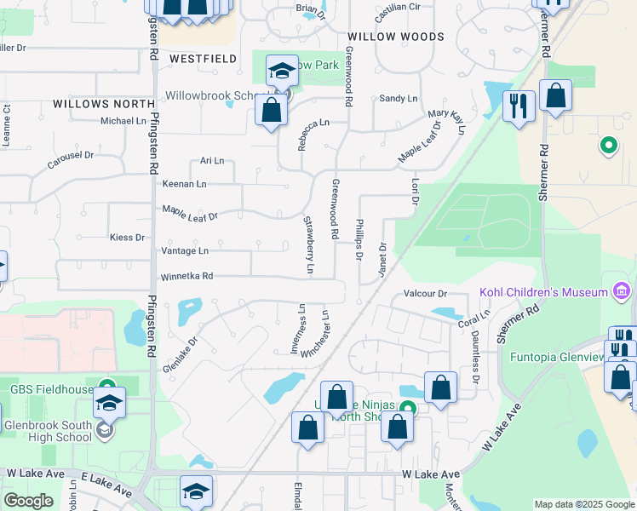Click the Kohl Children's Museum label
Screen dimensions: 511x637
click(x=543, y=292)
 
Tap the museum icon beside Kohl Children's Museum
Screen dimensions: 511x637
click(x=622, y=292)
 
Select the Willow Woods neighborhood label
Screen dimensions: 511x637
click(x=396, y=37)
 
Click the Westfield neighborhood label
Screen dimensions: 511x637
click(x=203, y=59)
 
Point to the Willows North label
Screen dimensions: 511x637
click(x=104, y=103)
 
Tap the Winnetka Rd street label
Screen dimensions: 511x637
click(x=186, y=277)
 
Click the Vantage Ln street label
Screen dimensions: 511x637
click(x=184, y=251)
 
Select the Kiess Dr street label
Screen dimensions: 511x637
click(x=127, y=237)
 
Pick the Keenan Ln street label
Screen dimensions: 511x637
click(x=184, y=183)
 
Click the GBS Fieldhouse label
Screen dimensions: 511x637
click(x=50, y=389)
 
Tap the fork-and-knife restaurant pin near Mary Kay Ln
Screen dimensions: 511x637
click(x=519, y=106)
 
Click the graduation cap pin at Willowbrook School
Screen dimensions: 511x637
click(x=281, y=72)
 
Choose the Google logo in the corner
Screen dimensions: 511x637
click(x=29, y=501)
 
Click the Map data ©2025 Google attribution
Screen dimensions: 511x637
click(x=583, y=504)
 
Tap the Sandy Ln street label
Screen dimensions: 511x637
click(x=398, y=99)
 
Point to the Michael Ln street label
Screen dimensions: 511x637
click(x=123, y=121)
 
